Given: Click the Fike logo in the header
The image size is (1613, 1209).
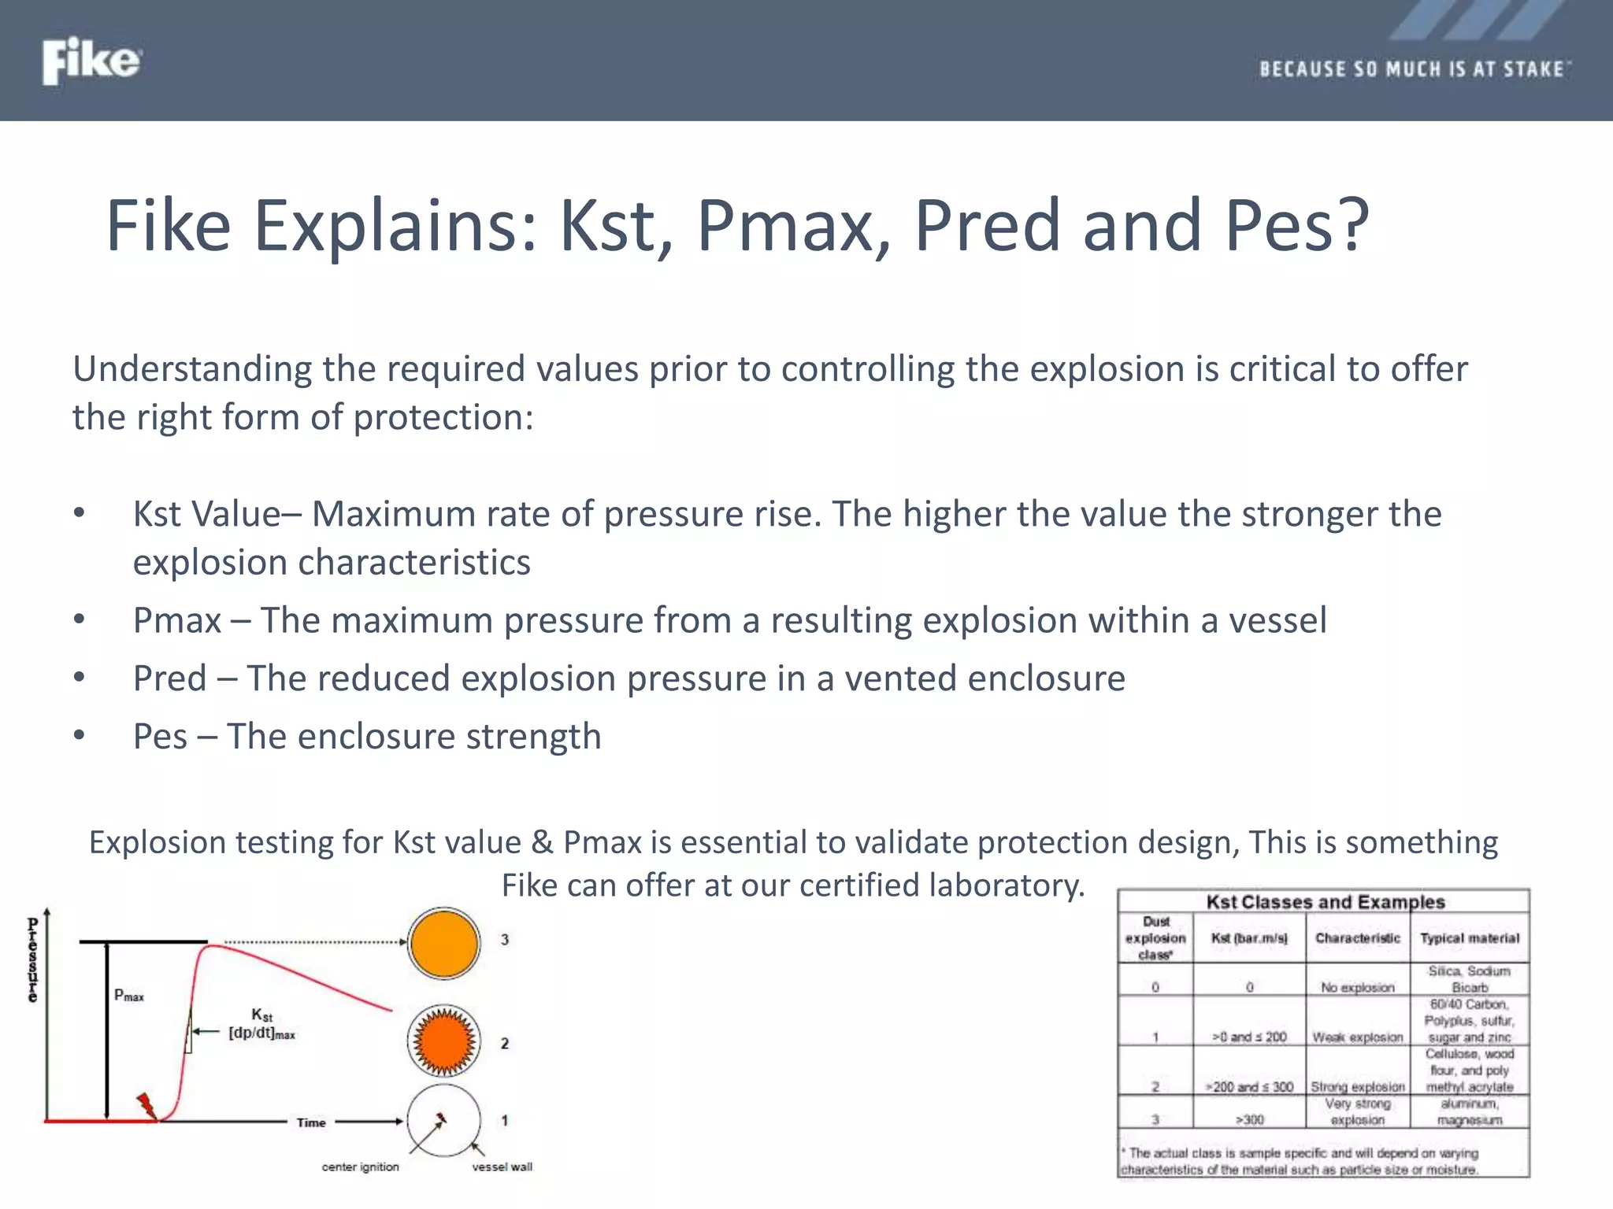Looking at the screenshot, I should pos(91,61).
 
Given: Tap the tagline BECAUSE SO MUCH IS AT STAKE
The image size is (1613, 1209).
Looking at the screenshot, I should pos(1414,69).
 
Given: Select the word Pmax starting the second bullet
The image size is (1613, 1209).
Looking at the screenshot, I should pos(177,620).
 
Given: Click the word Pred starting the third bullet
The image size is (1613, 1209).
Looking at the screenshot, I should pos(170,678).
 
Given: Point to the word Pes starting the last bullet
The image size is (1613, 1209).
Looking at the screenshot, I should pos(161,737).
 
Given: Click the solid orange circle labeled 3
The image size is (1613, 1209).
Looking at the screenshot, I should pos(444,943).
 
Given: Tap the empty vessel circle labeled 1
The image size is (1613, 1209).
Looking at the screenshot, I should pos(444,1121).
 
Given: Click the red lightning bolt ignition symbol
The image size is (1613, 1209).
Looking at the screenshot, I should pos(146,1105).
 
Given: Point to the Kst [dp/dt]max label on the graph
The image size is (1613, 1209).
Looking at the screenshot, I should pos(261,1024).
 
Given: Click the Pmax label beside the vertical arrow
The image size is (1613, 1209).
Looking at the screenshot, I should pos(129,996).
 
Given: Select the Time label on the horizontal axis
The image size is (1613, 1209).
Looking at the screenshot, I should pos(311,1122).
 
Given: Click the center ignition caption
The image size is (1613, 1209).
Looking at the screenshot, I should pos(360,1166).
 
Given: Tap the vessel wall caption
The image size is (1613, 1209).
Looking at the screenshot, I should pos(502,1166).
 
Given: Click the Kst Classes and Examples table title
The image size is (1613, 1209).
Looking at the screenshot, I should pos(1325,902).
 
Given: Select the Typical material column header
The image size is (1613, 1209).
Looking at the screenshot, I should pos(1470,938).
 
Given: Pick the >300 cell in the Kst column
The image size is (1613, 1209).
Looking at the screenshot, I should pos(1249,1119).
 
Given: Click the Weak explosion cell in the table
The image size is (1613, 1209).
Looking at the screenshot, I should pos(1357,1037).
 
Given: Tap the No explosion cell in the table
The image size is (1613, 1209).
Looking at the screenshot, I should pos(1357,987).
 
